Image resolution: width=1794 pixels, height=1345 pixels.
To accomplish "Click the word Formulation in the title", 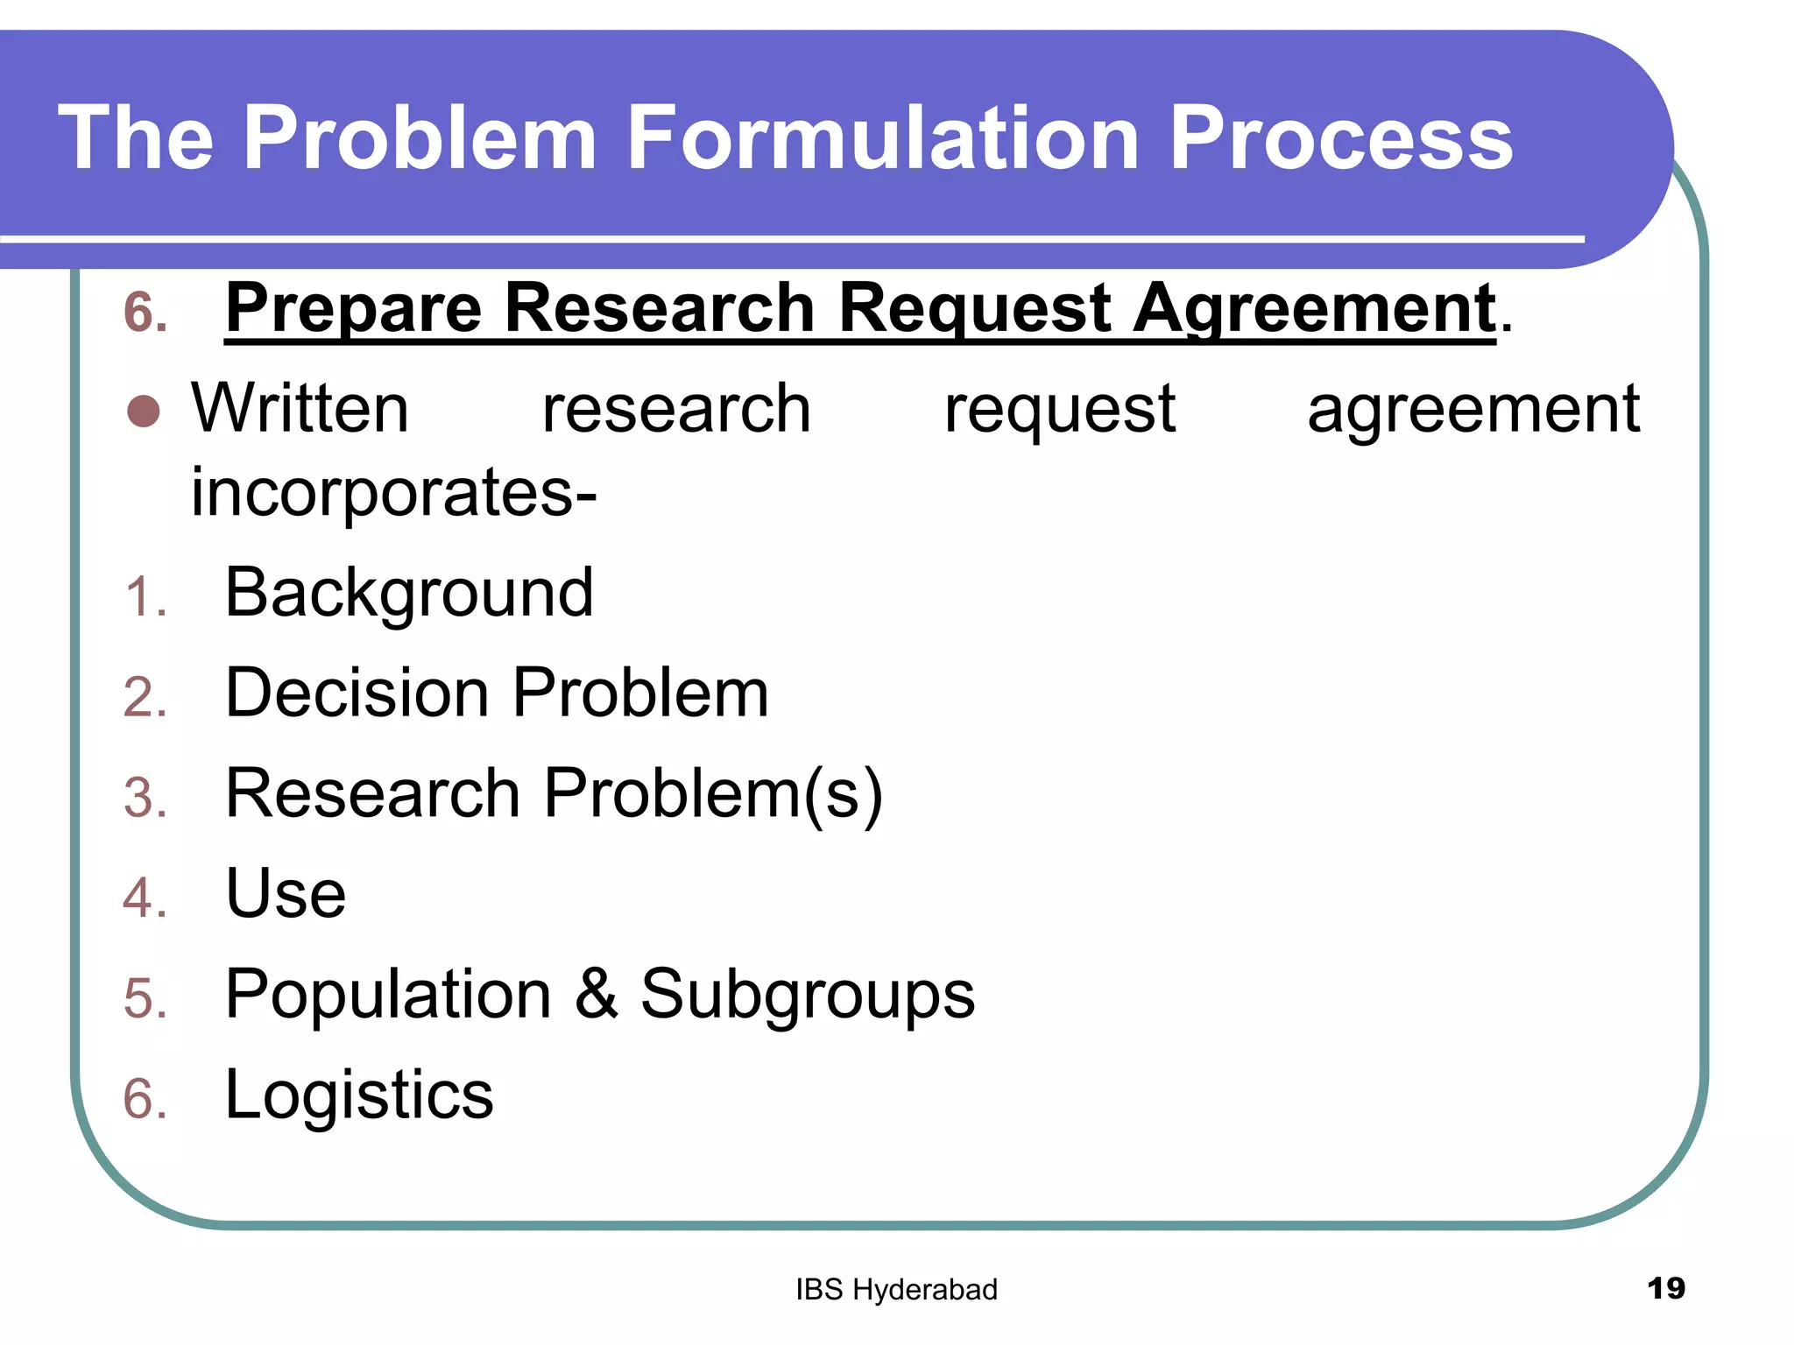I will click(884, 137).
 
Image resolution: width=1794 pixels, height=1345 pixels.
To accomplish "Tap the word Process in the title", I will click(1341, 137).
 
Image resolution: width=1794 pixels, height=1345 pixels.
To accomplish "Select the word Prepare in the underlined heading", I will click(353, 309).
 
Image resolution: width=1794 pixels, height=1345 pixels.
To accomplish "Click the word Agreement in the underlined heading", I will click(1314, 309).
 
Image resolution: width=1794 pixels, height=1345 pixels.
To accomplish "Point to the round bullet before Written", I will click(144, 411).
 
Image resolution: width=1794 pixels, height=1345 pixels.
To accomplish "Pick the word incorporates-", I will click(394, 493).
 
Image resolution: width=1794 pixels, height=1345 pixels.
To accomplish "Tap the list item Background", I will click(409, 594).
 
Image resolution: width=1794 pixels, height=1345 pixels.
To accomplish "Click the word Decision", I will click(357, 694).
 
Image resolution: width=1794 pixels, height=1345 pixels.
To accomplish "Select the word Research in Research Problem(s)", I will click(373, 793).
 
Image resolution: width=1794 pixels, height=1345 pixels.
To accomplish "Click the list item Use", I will click(286, 894).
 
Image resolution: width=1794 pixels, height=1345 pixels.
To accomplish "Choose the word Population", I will click(388, 995).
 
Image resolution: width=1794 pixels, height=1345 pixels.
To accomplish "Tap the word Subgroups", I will click(807, 995).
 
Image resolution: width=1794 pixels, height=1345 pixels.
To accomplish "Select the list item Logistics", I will click(359, 1095).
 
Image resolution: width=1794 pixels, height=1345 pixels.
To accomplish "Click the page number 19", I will click(1665, 1288).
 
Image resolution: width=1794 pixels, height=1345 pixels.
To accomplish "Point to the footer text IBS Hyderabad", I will click(896, 1290).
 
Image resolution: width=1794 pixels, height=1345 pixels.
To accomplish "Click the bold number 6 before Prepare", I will click(145, 313).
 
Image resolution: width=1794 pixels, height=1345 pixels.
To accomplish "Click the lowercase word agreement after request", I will click(1473, 411).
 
